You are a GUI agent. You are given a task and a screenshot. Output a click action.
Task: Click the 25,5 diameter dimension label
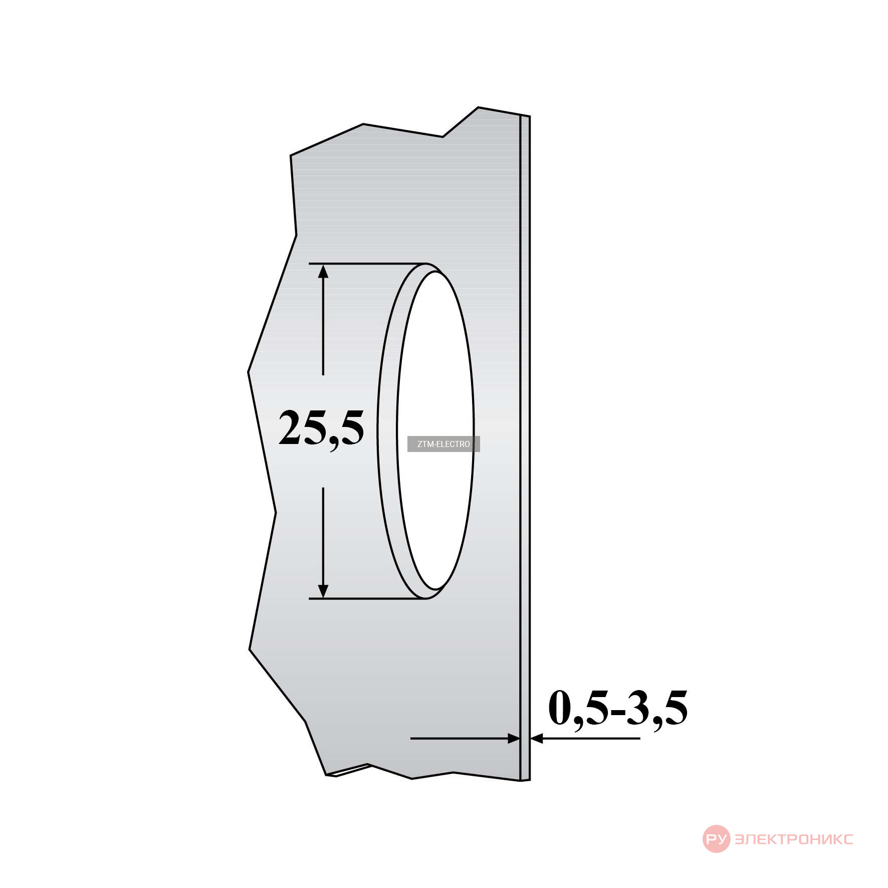coord(321,429)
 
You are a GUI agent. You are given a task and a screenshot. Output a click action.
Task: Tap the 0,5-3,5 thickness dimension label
coord(618,708)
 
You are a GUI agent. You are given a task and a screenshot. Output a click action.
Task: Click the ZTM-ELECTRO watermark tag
coord(443,444)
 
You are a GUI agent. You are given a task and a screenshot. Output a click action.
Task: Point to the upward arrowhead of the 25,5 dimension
coord(323,272)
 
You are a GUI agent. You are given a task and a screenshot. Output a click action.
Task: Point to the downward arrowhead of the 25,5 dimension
coord(323,591)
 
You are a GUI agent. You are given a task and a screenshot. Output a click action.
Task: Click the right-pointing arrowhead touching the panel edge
coord(514,738)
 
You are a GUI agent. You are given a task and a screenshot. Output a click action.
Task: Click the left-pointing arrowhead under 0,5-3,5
coord(537,738)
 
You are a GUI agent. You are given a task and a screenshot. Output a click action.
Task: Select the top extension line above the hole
coord(367,263)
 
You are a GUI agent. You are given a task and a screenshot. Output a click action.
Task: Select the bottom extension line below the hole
coord(367,598)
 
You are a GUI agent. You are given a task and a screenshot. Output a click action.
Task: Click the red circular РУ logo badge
coord(716,839)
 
